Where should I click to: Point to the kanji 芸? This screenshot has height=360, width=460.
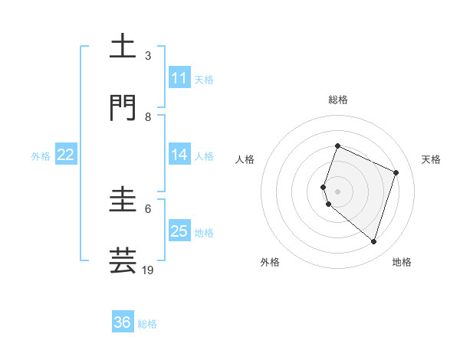pos(123,260)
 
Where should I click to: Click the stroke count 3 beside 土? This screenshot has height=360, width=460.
pos(148,56)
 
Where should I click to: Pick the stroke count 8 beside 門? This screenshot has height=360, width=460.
pos(148,117)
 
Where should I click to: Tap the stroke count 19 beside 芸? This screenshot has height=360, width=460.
pos(148,270)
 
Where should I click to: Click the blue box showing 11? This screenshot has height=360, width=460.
pos(179,78)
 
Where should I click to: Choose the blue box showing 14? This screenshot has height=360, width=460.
pos(179,155)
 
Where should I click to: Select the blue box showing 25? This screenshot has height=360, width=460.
pos(179,231)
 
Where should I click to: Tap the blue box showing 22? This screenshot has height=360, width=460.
pos(66,155)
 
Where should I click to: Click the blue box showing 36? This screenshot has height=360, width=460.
pos(123,322)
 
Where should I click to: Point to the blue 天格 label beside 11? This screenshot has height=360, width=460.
pos(204,79)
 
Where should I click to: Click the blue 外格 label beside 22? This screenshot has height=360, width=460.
pos(41,155)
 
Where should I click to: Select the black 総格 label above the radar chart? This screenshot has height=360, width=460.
pos(338,100)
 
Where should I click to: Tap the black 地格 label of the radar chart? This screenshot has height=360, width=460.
pos(402,262)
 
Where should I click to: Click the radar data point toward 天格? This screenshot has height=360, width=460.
pos(396,172)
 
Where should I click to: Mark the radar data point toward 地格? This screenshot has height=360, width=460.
pos(373,241)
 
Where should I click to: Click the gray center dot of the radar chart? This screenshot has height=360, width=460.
pos(338,191)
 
